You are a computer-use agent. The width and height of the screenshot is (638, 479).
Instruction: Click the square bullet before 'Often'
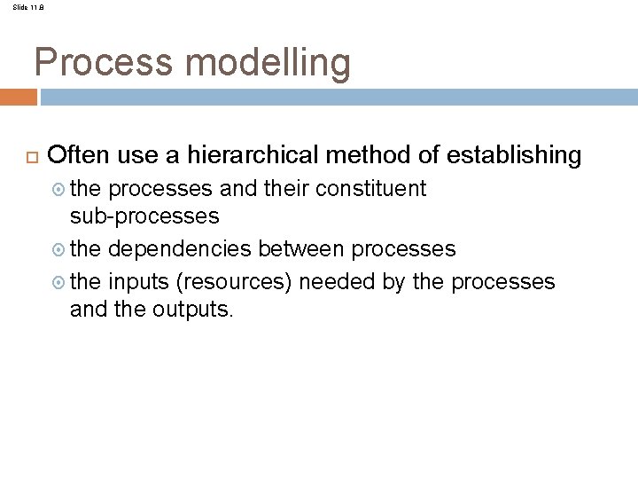27,157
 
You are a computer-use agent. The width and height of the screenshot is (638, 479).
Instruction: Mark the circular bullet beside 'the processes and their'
58,190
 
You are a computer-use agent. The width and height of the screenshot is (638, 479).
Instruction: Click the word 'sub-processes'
144,216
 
